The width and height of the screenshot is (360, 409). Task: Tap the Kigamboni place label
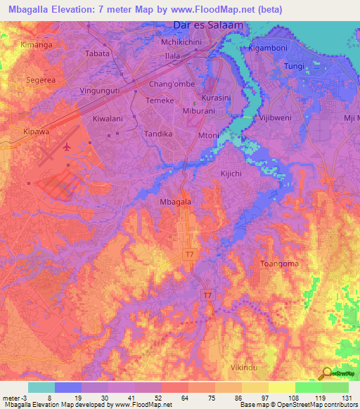tap(268, 49)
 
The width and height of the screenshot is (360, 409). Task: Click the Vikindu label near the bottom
tap(244, 368)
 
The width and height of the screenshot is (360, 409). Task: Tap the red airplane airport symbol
tap(67, 147)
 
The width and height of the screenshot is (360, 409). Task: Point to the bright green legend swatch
tap(309, 387)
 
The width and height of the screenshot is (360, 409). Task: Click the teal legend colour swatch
tap(41, 387)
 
